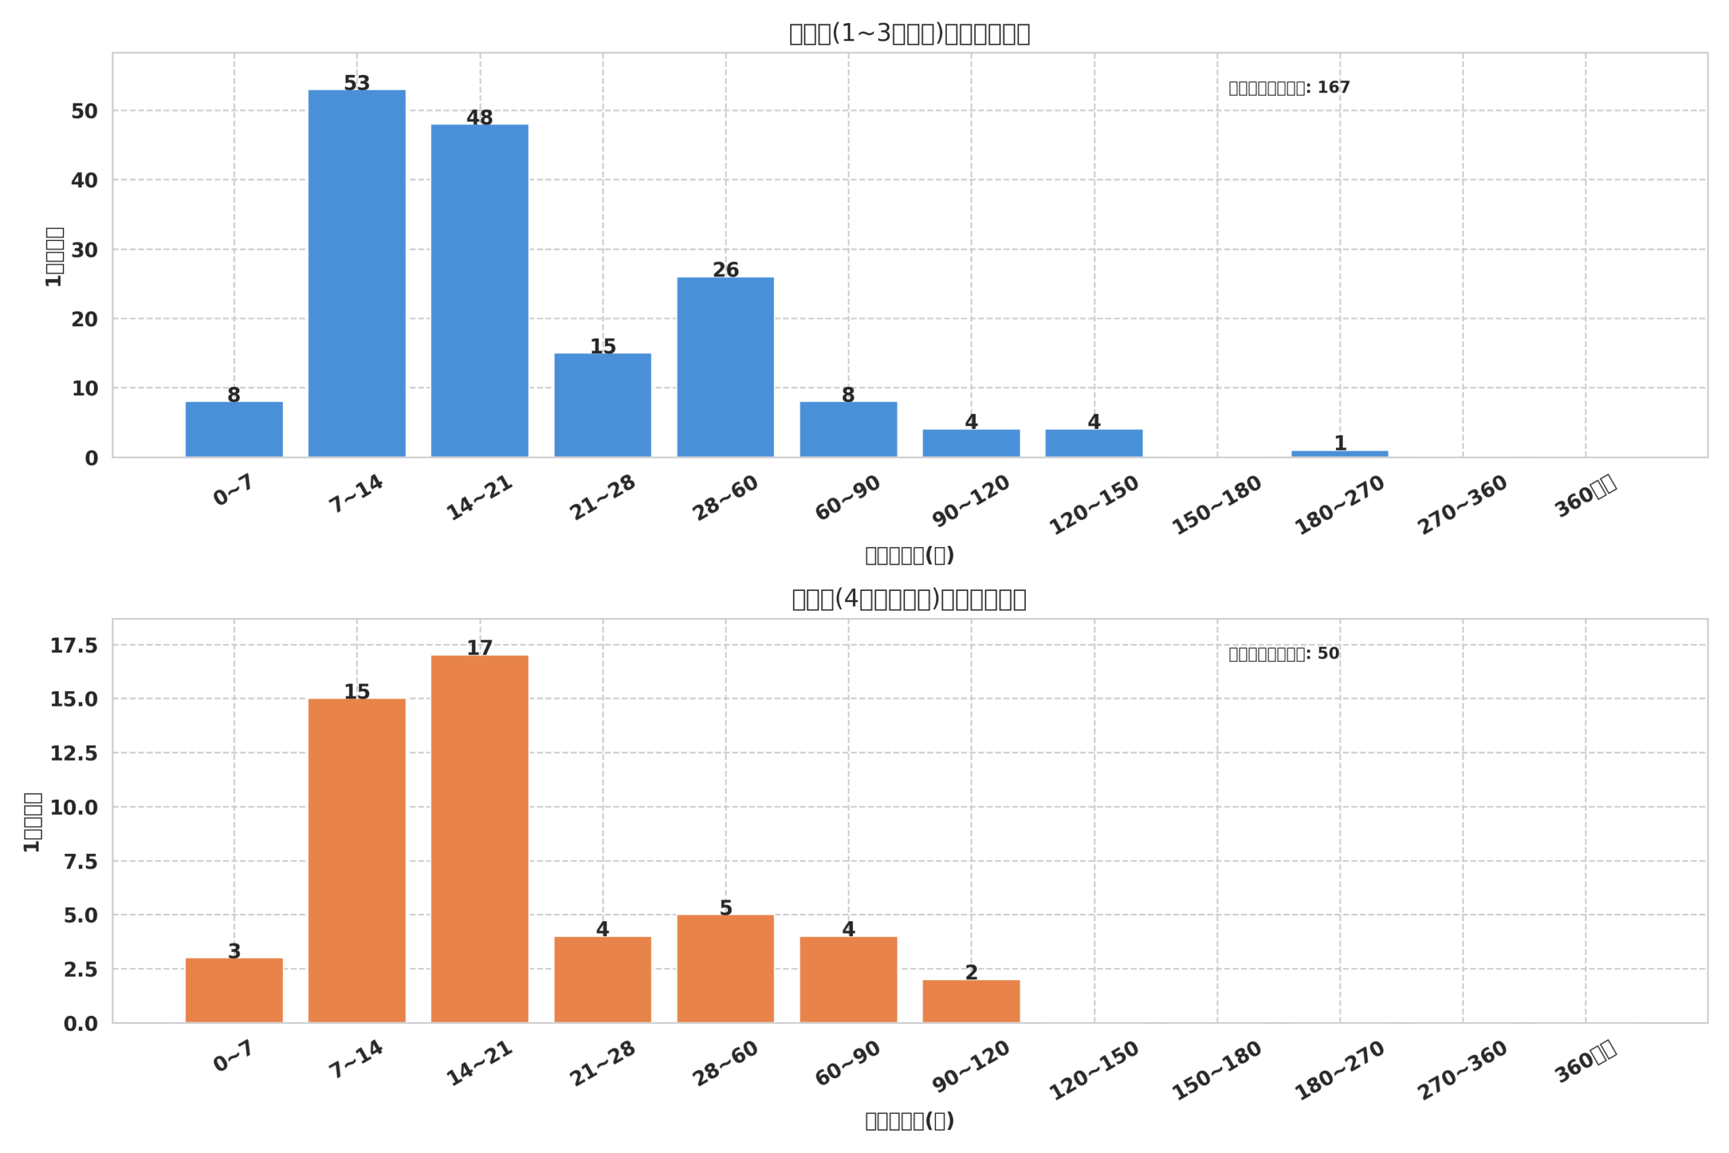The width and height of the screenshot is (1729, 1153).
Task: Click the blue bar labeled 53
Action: pos(357,274)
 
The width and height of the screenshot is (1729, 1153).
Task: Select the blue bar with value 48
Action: pos(480,290)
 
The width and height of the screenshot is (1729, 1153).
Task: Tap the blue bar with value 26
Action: pos(725,367)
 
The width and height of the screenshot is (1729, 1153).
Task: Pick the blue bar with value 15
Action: pos(602,405)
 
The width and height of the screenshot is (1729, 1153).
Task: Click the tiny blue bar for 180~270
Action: pos(1339,454)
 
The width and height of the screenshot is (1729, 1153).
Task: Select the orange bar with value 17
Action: pos(480,838)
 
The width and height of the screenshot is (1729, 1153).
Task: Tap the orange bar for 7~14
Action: pos(357,861)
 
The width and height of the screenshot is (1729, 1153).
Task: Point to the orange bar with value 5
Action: pos(725,969)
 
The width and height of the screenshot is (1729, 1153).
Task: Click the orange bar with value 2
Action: pos(971,1001)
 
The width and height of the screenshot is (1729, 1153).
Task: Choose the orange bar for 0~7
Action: pos(234,990)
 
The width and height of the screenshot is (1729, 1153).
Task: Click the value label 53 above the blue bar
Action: pos(357,83)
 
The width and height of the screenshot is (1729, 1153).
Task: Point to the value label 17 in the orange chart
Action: pos(480,648)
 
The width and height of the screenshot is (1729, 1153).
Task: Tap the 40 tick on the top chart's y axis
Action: pos(84,180)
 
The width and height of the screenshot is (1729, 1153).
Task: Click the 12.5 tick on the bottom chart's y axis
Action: pos(74,753)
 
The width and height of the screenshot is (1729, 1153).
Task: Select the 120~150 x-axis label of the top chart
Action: pos(1093,505)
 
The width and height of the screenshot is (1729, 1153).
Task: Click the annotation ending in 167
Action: pos(1289,88)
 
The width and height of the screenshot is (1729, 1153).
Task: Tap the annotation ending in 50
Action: pos(1283,654)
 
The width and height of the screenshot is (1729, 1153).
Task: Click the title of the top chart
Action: pos(908,34)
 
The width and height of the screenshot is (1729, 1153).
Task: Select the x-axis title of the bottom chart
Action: pos(908,1121)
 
